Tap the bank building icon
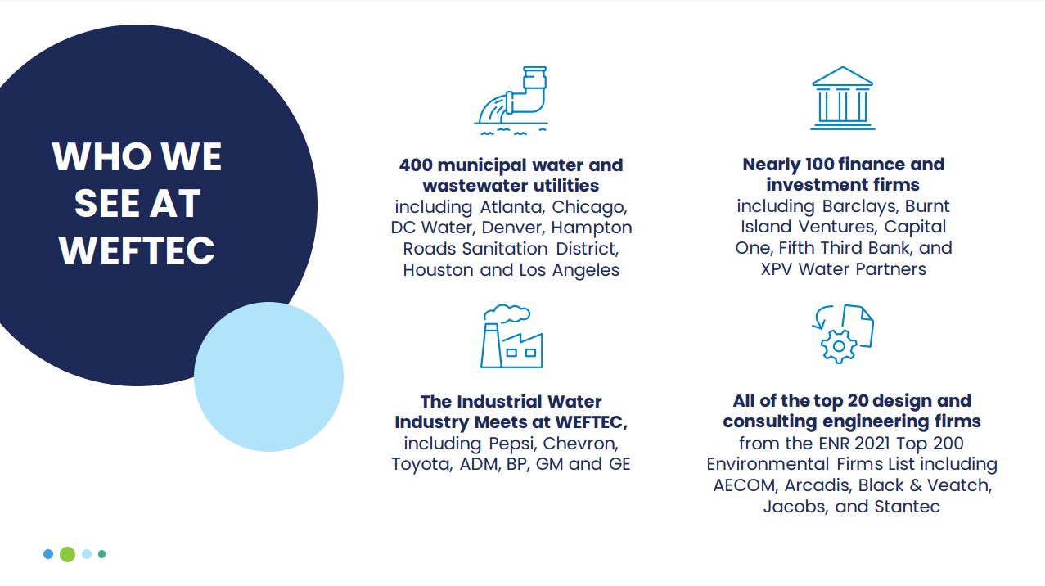(x=843, y=98)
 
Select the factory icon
(x=511, y=336)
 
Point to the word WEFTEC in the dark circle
(x=137, y=250)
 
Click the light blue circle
(x=268, y=376)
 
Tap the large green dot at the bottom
(x=68, y=554)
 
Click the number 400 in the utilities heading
(x=416, y=165)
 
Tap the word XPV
(x=777, y=269)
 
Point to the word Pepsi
(x=511, y=444)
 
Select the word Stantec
(x=907, y=507)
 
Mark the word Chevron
(x=581, y=444)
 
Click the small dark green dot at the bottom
(x=102, y=554)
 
